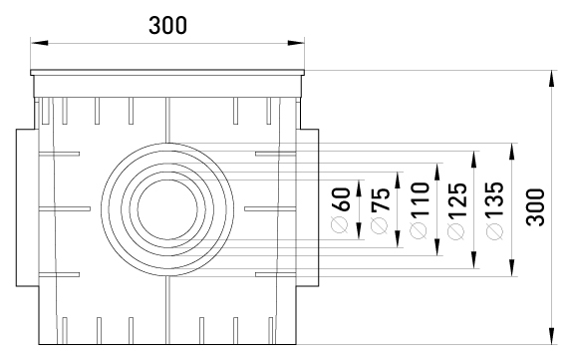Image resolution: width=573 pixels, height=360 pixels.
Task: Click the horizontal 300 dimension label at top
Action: coord(167,25)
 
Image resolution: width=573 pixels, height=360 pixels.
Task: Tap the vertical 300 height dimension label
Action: coord(535,207)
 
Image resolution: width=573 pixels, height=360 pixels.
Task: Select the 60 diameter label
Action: coord(342,199)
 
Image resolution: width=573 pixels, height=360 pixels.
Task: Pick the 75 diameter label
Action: coord(381,199)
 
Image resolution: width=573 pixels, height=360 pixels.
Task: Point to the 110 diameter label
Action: coord(420,199)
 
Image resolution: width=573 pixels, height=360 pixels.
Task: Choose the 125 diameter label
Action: coord(457,199)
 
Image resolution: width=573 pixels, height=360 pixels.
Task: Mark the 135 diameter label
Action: coord(495,199)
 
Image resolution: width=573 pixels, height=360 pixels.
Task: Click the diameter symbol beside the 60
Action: coord(340,225)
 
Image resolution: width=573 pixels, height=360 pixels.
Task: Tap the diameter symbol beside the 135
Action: coord(495,231)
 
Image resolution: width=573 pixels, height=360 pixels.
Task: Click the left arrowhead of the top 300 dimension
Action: coord(39,43)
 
